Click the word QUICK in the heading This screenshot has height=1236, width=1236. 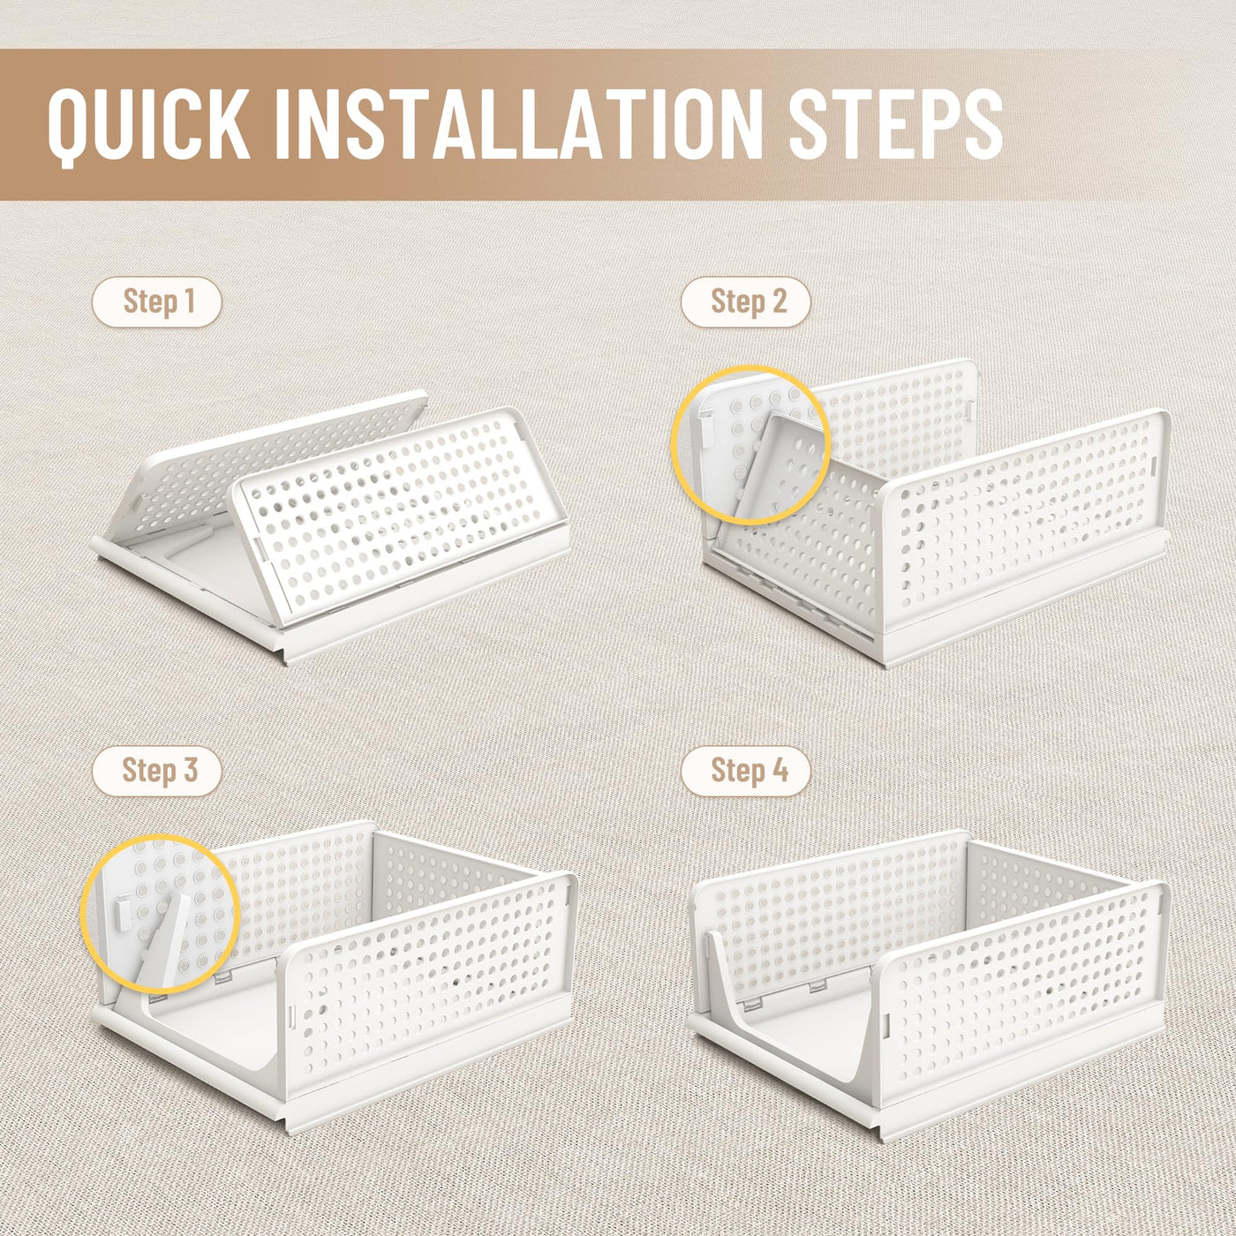point(149,125)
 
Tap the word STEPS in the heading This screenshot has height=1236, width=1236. point(895,124)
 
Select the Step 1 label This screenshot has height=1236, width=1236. point(157,302)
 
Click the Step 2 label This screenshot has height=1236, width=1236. point(746,302)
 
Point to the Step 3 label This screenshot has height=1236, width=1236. point(157,772)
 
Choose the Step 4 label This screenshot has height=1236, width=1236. point(746,772)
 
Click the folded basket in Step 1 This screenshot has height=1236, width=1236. point(330,526)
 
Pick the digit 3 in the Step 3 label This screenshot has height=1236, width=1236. point(190,771)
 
